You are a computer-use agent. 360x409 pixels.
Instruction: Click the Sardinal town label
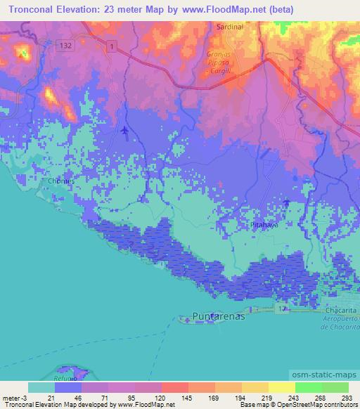pyautogui.click(x=229, y=27)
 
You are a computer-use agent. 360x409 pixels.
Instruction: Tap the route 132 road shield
pyautogui.click(x=66, y=44)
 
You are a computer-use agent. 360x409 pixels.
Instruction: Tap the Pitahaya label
pyautogui.click(x=264, y=224)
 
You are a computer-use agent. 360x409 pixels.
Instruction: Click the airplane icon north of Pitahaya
pyautogui.click(x=286, y=202)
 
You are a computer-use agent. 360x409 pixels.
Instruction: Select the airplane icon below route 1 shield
pyautogui.click(x=125, y=131)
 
